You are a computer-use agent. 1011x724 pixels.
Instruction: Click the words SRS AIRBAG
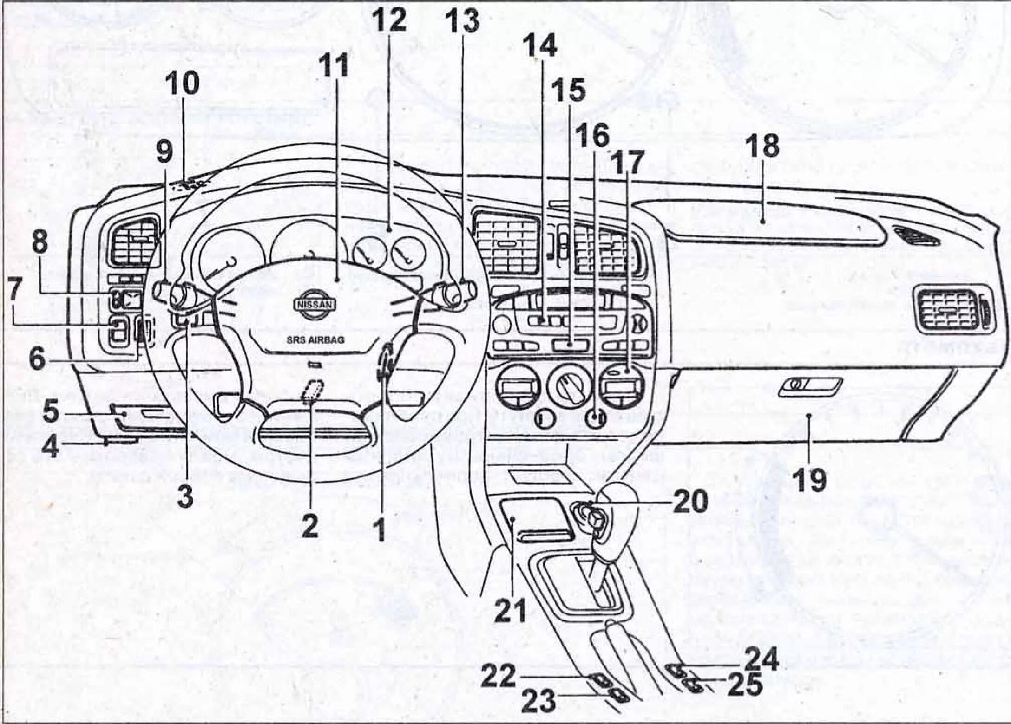(x=315, y=340)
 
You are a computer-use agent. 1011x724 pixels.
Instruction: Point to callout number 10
(x=184, y=84)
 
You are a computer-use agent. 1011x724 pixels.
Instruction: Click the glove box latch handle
(x=809, y=386)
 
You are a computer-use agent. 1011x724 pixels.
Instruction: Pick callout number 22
(x=498, y=676)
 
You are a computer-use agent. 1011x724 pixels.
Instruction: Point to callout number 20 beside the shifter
(x=689, y=501)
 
